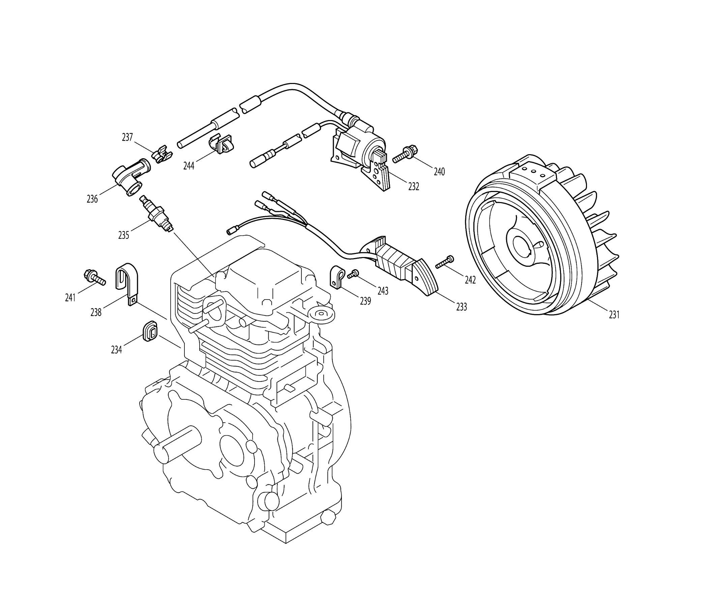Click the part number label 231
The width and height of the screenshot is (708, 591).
[x=614, y=315]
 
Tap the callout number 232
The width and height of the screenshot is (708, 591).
[x=413, y=187]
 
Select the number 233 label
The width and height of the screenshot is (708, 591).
[x=461, y=307]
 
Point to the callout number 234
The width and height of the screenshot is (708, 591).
[x=116, y=350]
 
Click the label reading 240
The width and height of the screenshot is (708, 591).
[x=439, y=172]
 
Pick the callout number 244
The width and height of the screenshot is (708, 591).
[x=189, y=166]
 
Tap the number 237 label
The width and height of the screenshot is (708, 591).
[x=127, y=138]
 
